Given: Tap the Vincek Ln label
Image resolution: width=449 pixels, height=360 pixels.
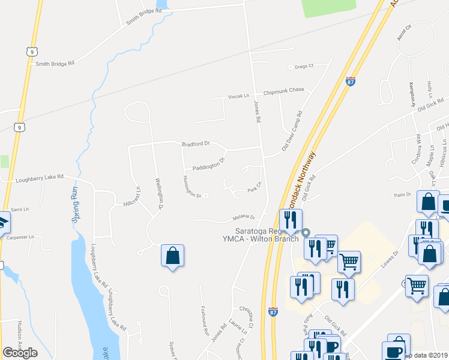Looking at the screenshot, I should tap(238, 96).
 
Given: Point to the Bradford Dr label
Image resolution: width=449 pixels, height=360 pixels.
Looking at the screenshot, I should tap(196, 144).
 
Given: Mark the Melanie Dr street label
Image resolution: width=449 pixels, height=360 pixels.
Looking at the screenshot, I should tap(244, 217).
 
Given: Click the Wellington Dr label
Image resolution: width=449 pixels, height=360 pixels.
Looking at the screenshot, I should tap(159, 193).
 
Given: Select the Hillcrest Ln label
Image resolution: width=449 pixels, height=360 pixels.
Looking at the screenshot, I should tap(129, 196).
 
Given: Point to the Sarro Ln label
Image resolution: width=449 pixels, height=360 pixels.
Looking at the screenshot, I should tap(19, 209).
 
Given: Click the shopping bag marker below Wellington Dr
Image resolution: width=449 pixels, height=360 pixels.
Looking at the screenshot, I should tap(172, 256).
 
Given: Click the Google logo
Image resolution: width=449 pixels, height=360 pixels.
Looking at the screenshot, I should tap(20, 353).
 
